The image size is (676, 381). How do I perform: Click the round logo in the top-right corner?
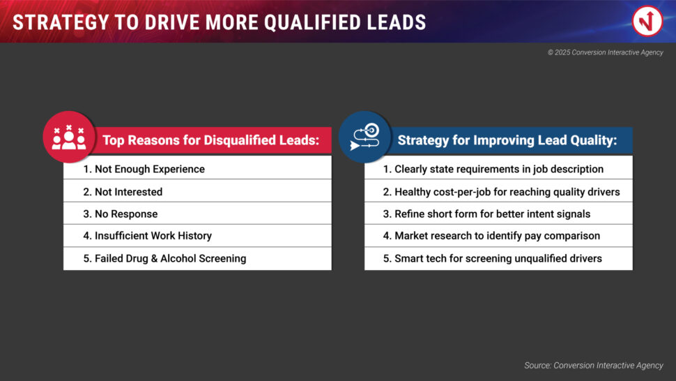(647, 21)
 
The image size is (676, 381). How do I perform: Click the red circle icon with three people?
(69, 137)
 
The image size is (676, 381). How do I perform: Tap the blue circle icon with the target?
(364, 137)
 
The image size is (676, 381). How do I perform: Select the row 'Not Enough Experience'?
(197, 169)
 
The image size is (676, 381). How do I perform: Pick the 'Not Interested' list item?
(197, 192)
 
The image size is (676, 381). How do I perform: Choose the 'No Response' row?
(197, 214)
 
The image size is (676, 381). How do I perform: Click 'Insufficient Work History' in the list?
(197, 236)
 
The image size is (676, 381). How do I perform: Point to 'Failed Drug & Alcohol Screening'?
(197, 258)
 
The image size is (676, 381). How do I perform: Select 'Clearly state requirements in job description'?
(498, 169)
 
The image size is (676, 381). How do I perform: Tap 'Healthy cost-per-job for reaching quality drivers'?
(498, 192)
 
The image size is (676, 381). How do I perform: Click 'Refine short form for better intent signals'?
(498, 214)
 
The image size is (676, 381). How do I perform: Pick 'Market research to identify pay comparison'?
(498, 236)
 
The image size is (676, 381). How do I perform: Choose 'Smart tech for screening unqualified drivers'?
(498, 258)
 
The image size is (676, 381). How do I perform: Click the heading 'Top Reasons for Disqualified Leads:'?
(211, 140)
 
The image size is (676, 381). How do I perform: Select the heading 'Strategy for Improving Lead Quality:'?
(507, 140)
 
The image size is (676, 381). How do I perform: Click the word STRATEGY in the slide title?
(61, 22)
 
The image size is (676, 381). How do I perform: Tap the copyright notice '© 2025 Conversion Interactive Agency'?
(606, 52)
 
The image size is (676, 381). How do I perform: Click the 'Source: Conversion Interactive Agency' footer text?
(594, 366)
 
